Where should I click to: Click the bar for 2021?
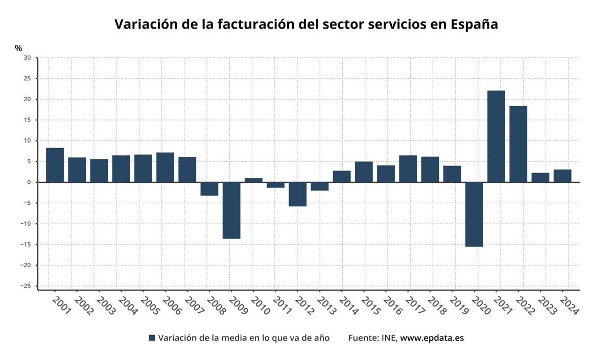(496, 136)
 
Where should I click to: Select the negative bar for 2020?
(474, 214)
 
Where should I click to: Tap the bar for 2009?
(231, 210)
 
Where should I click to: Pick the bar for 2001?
(55, 165)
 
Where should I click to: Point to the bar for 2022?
(518, 144)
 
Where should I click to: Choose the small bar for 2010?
(253, 180)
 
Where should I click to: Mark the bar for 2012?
(297, 194)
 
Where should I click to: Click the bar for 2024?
(562, 176)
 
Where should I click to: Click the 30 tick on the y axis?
(27, 58)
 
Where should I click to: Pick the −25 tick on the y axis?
(25, 286)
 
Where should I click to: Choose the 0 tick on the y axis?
(29, 182)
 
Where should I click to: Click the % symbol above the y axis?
(18, 49)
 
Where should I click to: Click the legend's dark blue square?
(152, 338)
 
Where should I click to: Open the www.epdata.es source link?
(432, 338)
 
